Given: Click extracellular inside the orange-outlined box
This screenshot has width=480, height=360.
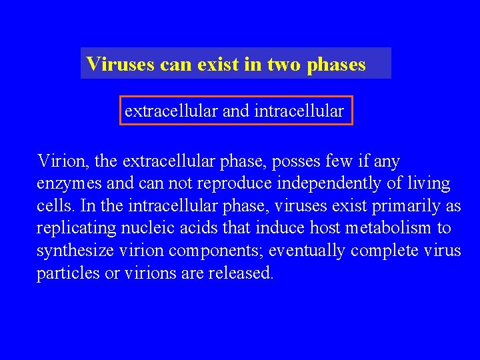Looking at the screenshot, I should pos(171,111).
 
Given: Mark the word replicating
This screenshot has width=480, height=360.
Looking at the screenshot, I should pos(76,229).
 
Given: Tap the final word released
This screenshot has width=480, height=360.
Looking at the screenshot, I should pos(241,274).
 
